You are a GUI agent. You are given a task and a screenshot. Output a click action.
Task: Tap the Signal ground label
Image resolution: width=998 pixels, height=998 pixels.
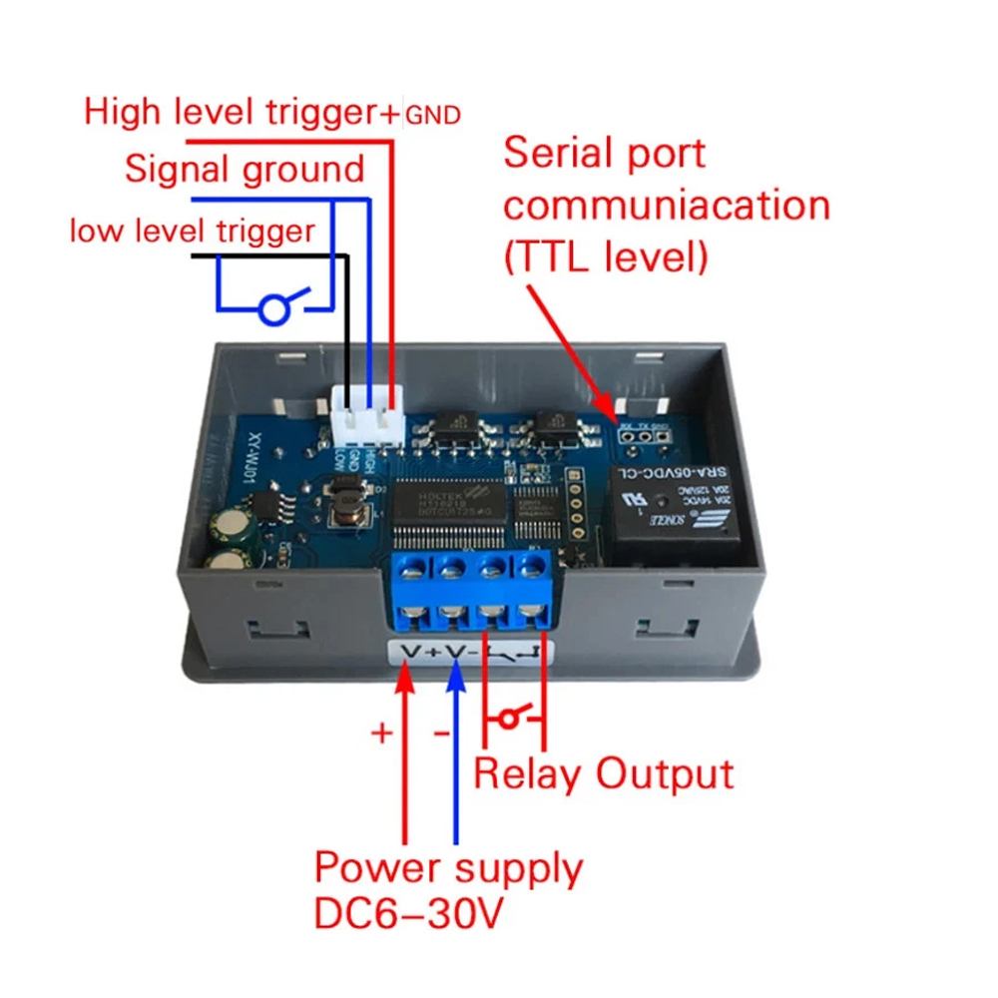pos(245,169)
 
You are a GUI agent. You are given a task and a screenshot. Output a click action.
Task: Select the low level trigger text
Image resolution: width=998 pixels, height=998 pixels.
pos(192,232)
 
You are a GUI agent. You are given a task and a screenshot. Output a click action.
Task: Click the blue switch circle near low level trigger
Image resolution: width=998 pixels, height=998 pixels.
pos(273,310)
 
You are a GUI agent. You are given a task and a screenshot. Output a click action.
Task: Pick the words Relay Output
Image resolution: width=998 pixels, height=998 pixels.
pos(604,773)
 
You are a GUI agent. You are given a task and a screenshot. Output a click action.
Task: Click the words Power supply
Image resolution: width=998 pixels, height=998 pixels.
pos(448,867)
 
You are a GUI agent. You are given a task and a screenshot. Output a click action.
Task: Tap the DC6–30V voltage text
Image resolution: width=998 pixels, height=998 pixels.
pos(409,913)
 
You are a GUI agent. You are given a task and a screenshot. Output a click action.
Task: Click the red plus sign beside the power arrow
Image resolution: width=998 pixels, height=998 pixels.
pos(381,733)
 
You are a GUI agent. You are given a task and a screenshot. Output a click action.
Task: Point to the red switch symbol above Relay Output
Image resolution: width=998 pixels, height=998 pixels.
pos(512,717)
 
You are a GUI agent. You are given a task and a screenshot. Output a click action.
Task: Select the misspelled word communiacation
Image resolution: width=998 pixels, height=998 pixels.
pos(667,206)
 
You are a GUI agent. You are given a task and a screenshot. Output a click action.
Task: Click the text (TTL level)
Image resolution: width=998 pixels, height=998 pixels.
pos(606,257)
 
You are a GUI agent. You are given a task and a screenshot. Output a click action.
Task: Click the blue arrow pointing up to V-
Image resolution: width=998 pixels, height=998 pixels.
pos(455,689)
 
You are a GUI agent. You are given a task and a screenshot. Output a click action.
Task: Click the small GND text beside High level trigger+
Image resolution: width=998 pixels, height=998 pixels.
pos(433,116)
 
